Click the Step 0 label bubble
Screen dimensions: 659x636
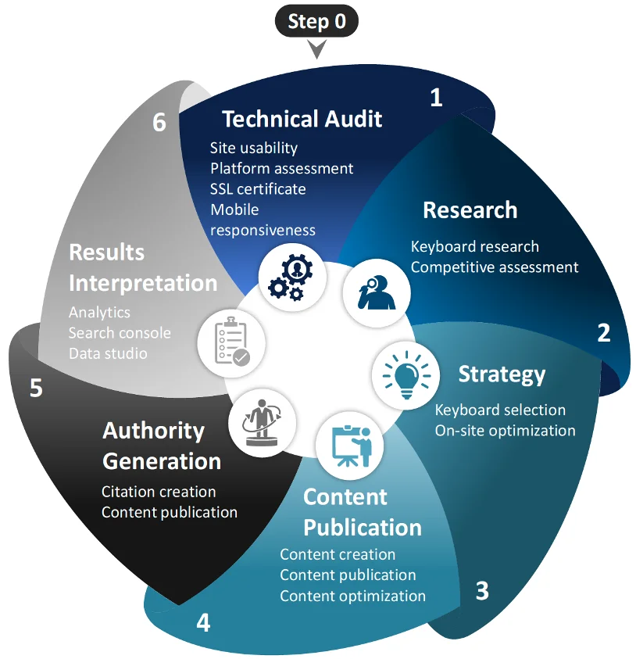[x=316, y=21]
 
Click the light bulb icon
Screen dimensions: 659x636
[x=405, y=374]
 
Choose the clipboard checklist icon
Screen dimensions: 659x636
[x=230, y=342]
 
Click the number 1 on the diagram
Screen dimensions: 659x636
[x=436, y=97]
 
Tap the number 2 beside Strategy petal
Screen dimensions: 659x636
[x=603, y=332]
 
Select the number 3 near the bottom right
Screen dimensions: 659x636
[x=482, y=590]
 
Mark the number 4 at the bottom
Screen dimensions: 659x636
[x=203, y=623]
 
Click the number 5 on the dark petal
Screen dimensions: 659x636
[x=36, y=388]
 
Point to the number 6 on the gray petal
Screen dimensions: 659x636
[x=159, y=123]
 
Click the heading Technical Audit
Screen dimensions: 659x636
[x=302, y=119]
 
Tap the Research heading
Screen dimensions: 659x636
[x=470, y=210]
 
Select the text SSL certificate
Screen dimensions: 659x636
[x=258, y=188]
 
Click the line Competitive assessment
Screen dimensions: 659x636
[x=495, y=267]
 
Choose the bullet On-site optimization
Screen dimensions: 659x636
[x=505, y=430]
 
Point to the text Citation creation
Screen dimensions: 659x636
[x=159, y=492]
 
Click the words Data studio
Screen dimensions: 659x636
[x=108, y=353]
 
